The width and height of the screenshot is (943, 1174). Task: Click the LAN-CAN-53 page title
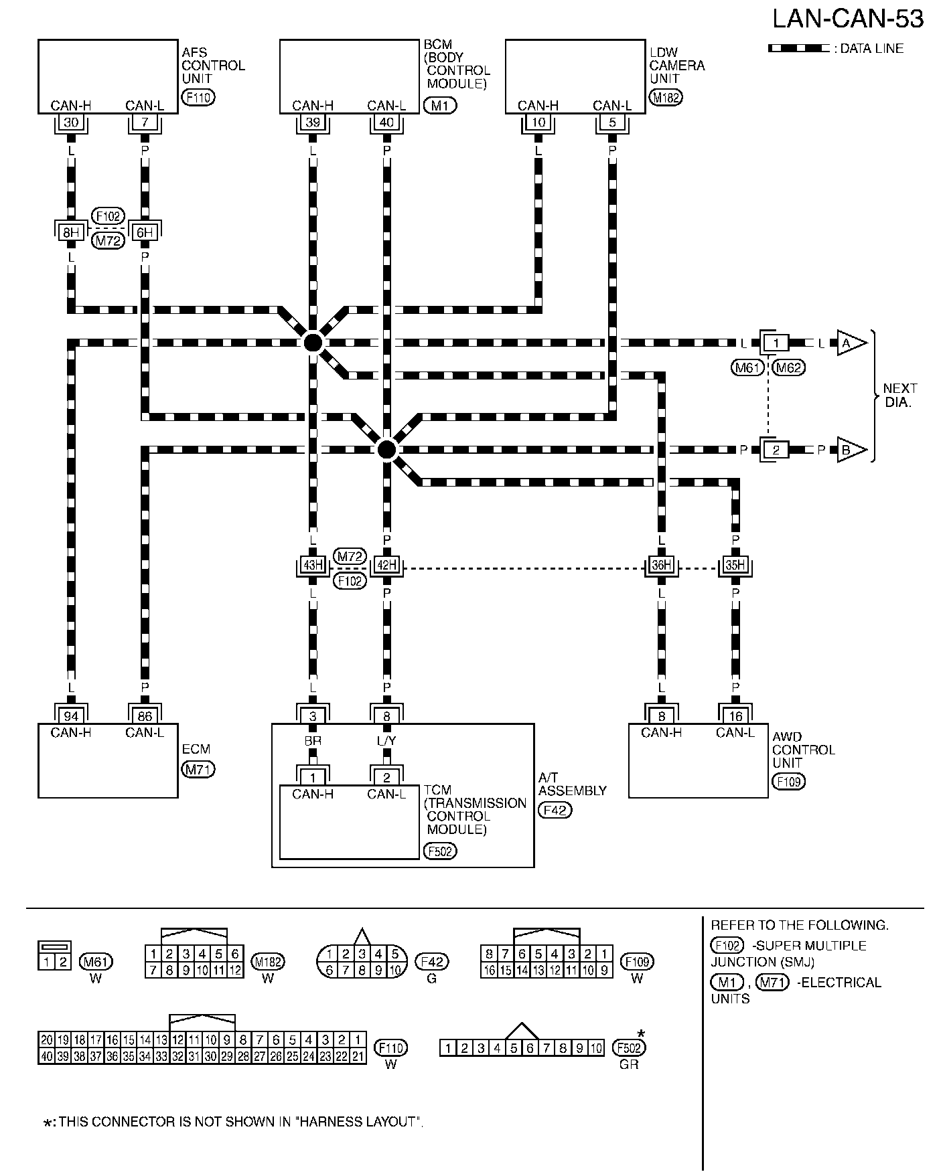848,19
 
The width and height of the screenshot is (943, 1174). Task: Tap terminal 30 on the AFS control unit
70,122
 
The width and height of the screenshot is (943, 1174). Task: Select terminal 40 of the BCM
386,122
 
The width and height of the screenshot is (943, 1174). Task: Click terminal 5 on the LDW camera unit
612,122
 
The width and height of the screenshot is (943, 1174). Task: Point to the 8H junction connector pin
70,232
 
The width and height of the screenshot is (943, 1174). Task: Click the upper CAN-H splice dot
312,343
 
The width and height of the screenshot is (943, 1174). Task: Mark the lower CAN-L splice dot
386,449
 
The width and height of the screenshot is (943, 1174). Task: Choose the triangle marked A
849,343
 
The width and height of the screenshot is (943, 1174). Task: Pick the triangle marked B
849,450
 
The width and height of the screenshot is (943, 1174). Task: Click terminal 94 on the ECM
70,716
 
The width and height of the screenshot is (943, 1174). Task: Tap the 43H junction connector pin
313,565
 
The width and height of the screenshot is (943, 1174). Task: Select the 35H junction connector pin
735,565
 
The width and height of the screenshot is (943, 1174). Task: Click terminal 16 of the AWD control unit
735,716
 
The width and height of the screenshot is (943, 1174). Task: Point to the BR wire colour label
313,741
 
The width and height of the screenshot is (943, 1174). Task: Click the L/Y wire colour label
386,741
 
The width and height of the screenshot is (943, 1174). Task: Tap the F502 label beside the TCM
440,851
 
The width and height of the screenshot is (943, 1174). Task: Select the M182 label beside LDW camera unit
666,98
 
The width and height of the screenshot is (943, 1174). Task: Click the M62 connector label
788,367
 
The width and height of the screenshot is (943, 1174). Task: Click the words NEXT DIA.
899,396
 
